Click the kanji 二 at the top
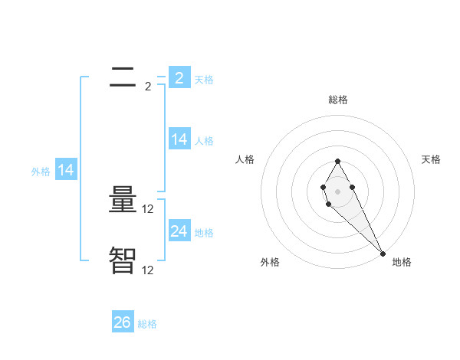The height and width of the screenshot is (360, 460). [123, 77]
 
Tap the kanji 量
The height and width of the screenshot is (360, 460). [123, 201]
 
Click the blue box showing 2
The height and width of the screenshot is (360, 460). [179, 77]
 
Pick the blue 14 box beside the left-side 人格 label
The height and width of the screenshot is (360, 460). [179, 139]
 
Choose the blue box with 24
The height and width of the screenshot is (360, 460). [179, 231]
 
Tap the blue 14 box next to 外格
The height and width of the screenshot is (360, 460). [66, 171]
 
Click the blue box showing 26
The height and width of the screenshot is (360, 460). [122, 322]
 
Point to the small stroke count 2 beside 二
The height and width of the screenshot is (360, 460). [148, 87]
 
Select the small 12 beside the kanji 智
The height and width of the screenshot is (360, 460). [149, 270]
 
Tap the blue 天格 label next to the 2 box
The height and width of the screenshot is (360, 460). [204, 79]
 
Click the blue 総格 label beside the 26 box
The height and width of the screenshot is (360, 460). [147, 324]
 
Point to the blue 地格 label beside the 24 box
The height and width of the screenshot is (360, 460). [204, 233]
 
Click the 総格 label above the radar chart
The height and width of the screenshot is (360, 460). [338, 100]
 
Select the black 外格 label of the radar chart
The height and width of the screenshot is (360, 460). [270, 262]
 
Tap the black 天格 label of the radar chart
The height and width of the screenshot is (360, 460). [432, 159]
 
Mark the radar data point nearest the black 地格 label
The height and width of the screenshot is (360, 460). [383, 254]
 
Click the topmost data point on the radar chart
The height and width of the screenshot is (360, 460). [337, 161]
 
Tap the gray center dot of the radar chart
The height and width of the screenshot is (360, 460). [337, 191]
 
